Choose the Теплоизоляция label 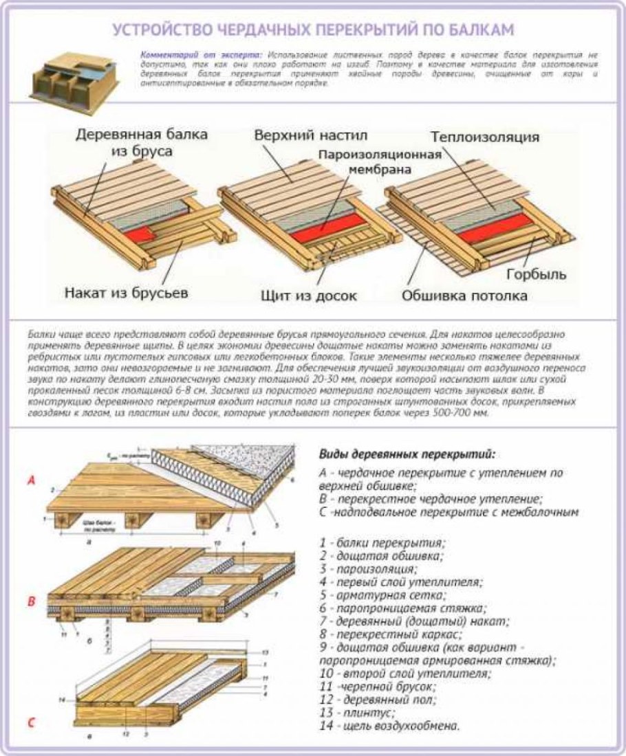point(486,137)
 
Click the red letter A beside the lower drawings point(30,480)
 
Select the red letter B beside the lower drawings point(30,602)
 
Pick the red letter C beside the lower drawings point(30,722)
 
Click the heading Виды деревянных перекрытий point(407,454)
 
